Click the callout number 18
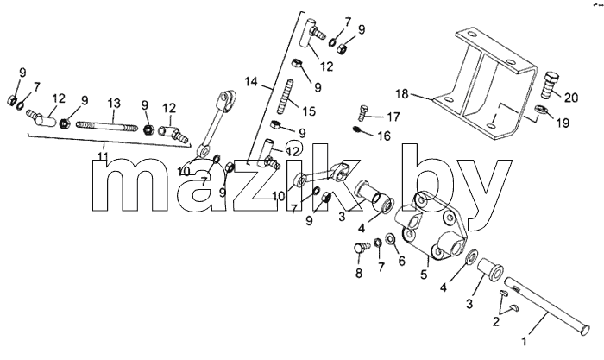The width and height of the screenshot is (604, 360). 402,93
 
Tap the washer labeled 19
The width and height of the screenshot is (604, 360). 540,109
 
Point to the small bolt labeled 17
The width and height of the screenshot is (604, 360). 362,113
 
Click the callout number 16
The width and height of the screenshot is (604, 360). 384,136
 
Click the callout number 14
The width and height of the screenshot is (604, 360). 251,82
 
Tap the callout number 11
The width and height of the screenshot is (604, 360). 103,157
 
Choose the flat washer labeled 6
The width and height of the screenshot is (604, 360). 390,239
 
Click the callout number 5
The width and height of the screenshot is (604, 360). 424,275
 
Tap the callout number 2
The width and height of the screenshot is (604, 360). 496,321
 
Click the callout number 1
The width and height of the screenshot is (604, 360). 524,341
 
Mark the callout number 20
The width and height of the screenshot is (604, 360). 571,98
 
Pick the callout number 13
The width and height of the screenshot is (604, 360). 114,104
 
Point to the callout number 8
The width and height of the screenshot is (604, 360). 359,274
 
